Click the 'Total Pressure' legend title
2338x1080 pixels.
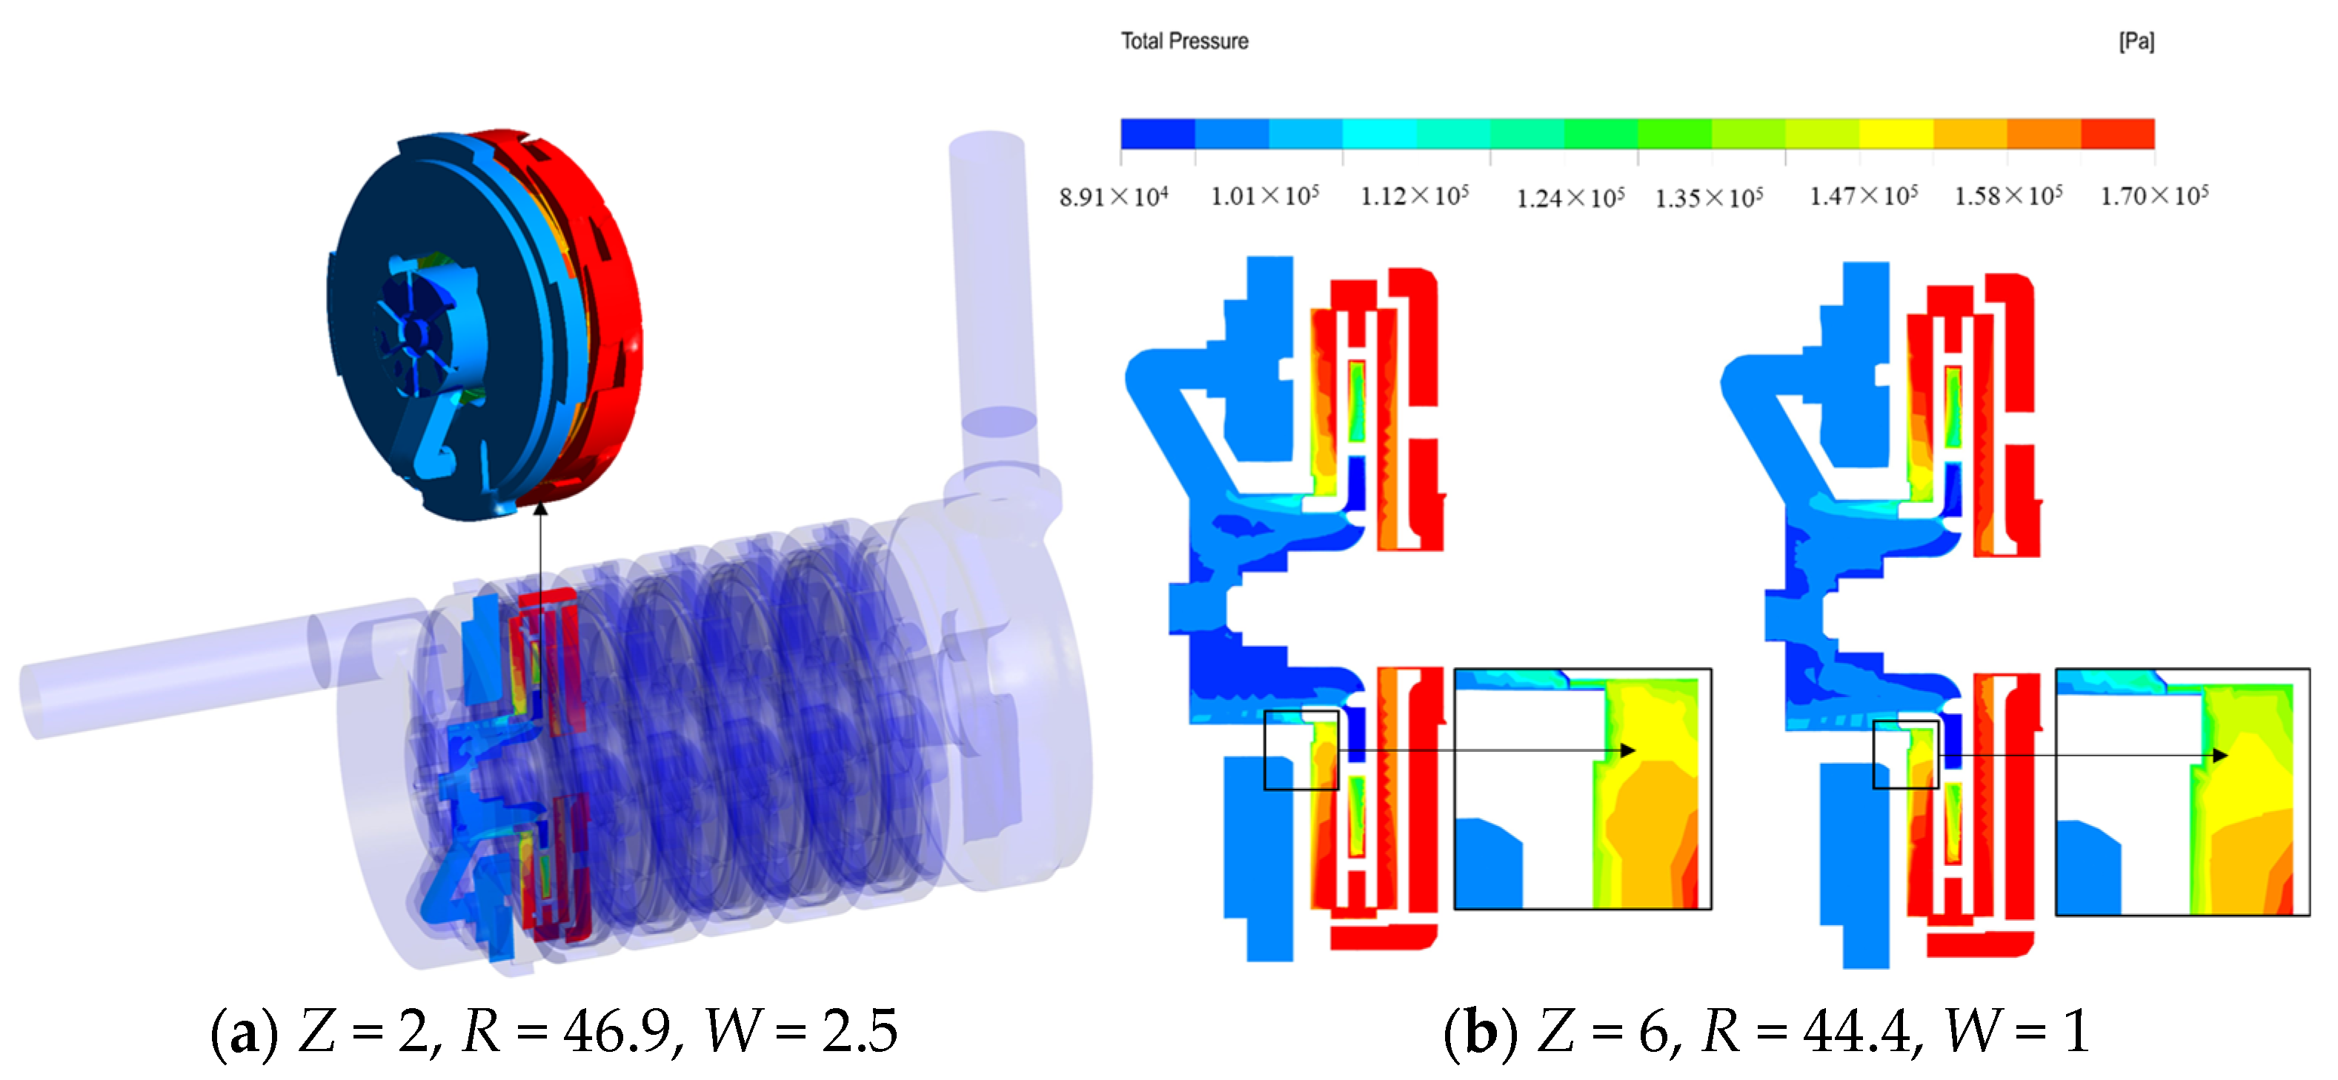(1184, 41)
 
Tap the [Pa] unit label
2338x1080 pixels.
(2136, 41)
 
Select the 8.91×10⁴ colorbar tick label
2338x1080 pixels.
(1114, 196)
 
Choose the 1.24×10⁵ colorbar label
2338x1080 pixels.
(1570, 197)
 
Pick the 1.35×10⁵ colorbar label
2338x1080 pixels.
(1709, 197)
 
